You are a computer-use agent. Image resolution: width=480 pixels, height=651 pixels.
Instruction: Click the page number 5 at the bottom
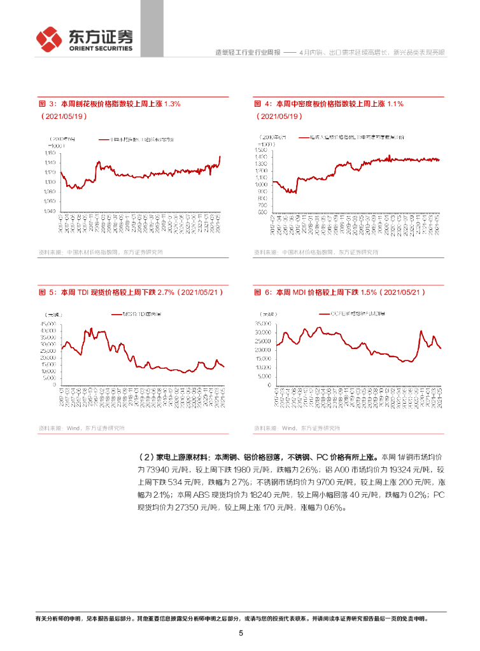coord(241,633)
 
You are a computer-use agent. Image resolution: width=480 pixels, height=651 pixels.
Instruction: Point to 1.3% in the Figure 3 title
coord(173,104)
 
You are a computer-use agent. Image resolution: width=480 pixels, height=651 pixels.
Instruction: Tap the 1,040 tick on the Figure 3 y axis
coord(50,211)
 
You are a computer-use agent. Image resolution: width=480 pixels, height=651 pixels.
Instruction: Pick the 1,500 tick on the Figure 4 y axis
coord(264,150)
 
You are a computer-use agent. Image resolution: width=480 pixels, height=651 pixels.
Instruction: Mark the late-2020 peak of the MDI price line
coord(421,331)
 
